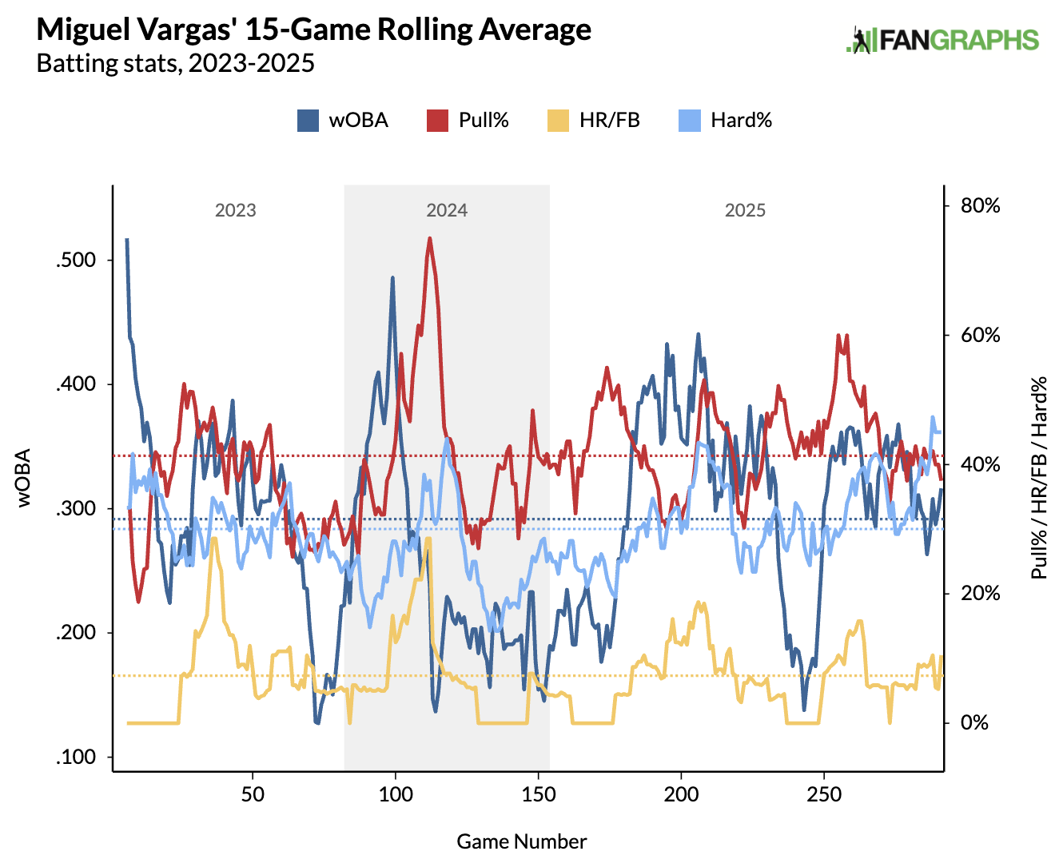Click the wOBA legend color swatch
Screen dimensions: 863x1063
309,121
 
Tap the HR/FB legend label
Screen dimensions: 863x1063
609,121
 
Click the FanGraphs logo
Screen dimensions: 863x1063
942,40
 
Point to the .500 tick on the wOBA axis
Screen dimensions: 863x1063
76,260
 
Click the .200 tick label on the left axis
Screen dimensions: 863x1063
76,633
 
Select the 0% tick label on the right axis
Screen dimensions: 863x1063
974,723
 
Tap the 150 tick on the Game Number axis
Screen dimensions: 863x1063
539,794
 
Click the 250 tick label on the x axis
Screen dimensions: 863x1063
824,794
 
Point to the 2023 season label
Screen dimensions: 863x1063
235,210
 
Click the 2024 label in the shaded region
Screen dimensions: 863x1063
447,210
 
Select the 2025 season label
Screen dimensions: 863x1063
745,210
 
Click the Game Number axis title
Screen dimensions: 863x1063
522,841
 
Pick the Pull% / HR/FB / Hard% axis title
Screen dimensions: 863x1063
1038,478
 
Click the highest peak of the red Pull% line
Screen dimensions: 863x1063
430,238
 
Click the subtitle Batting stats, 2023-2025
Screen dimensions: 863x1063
176,63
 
